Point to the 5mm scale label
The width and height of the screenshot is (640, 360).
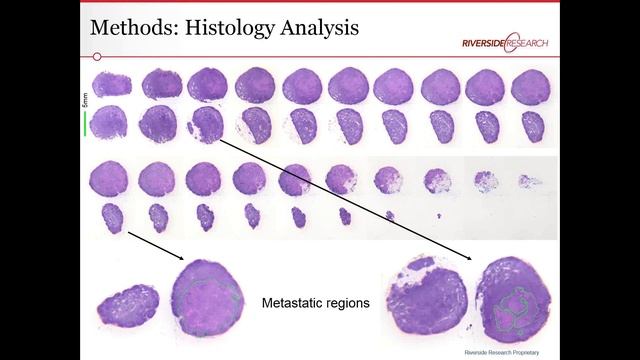coord(85,99)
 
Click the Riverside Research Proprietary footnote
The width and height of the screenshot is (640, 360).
coord(507,353)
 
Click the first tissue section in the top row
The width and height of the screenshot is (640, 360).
coord(109,84)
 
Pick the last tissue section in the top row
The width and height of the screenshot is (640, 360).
coord(530,86)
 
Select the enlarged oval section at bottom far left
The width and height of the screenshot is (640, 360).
coord(126,304)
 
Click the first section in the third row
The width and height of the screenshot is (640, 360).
coord(108,179)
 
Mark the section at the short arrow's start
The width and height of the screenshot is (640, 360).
coord(111,217)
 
